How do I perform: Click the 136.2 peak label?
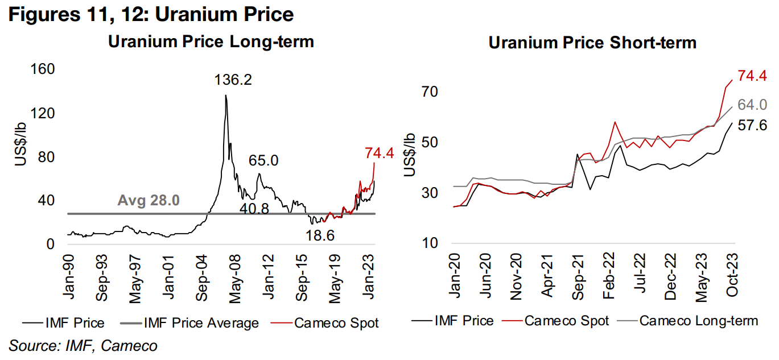coord(233,80)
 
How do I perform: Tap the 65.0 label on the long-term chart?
coord(263,161)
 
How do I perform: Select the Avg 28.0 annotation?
coord(149,201)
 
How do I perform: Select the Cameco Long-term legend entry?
coord(698,321)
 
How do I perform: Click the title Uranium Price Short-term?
coord(592,43)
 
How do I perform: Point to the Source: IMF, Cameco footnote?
coord(83,345)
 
